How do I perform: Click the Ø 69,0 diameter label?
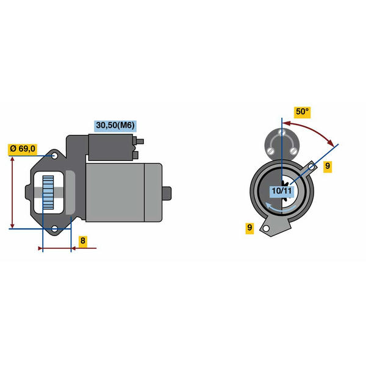coord(23,149)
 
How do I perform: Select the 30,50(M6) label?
coord(115,126)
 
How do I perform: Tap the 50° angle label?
coord(302,112)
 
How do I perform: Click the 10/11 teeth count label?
coord(282,191)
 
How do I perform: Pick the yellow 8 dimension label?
coord(82,240)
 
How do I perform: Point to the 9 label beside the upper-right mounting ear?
coord(328,166)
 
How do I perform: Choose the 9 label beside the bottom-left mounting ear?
coord(249,228)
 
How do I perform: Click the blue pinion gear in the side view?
coord(48,192)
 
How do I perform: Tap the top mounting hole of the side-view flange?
coord(55,156)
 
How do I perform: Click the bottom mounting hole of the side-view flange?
coord(55,229)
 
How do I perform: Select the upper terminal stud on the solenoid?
coord(140,142)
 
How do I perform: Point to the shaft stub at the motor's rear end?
coord(167,193)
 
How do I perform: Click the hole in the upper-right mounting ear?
coord(311,167)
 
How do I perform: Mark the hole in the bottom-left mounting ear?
coord(266,229)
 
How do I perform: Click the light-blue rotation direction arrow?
coord(281,209)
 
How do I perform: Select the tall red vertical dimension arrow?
coord(12,193)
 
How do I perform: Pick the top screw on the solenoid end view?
coord(282,132)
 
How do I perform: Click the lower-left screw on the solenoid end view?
coord(270,150)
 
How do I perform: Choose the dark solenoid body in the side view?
coord(110,148)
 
